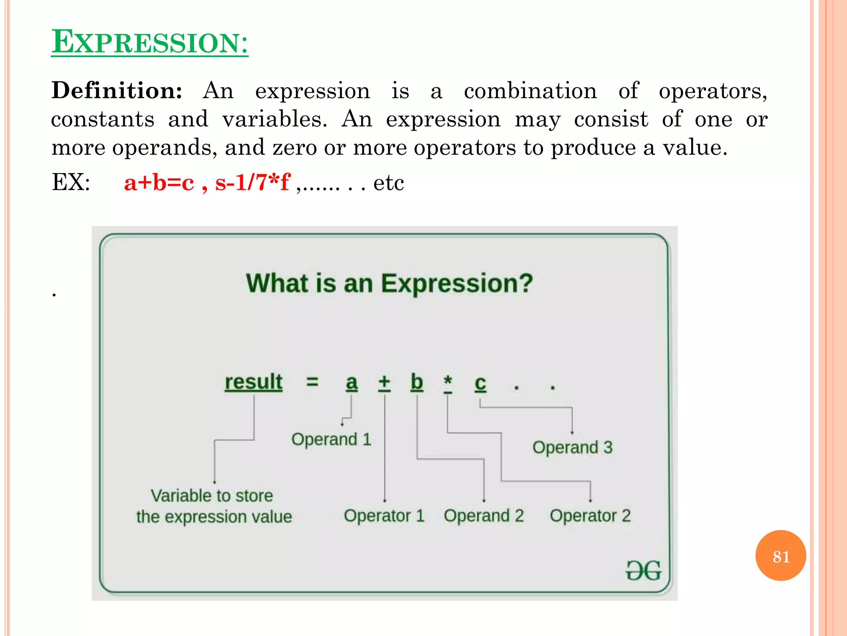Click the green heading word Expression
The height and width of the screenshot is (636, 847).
click(150, 42)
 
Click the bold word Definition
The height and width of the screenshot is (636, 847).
click(117, 91)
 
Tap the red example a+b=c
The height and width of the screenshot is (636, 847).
click(159, 182)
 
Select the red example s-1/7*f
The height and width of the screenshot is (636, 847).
click(252, 182)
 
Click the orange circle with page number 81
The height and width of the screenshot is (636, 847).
click(780, 556)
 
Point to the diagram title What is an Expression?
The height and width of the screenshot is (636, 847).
click(389, 284)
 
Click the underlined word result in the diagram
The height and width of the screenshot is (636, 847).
click(254, 382)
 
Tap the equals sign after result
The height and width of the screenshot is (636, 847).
click(312, 381)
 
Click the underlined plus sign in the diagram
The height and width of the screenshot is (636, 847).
click(384, 382)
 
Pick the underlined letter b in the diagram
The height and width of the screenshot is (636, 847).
click(417, 382)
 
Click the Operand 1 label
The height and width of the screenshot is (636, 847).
click(331, 439)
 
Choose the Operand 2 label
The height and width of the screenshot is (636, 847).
click(484, 516)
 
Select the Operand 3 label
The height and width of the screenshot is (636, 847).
click(572, 448)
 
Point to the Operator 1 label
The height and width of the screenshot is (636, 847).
click(384, 516)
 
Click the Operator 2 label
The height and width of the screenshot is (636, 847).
click(590, 516)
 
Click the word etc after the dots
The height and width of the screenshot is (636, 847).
click(388, 183)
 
